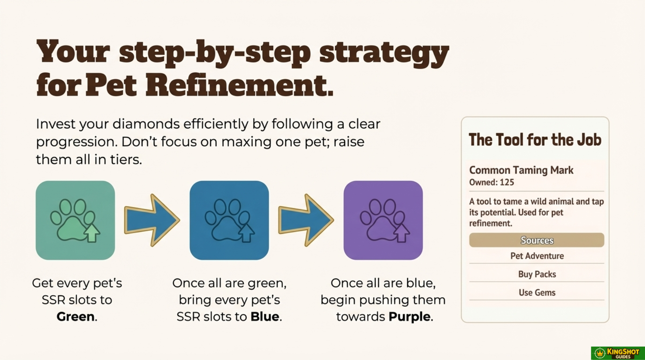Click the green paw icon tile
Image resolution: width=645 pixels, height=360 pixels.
click(75, 220)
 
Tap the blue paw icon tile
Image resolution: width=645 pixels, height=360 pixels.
click(229, 220)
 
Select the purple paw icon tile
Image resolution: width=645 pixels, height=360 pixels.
click(383, 220)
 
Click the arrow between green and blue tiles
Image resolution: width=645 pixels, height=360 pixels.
click(152, 220)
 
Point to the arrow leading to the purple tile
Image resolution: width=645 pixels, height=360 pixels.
click(306, 220)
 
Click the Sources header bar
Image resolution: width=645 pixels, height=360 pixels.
click(537, 240)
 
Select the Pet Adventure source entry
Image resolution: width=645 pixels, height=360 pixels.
click(537, 256)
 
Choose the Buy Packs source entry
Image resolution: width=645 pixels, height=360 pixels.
click(537, 274)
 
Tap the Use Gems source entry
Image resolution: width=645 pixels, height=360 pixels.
click(537, 292)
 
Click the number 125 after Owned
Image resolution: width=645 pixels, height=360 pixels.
click(507, 182)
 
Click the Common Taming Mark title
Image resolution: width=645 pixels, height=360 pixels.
click(521, 170)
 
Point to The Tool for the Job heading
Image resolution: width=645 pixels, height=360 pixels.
click(535, 140)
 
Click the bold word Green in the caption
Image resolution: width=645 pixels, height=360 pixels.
click(76, 316)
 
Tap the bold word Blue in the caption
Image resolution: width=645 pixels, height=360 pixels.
click(265, 316)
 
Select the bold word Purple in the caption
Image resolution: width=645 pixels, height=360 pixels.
click(410, 317)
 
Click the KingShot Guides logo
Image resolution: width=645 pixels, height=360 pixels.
click(618, 353)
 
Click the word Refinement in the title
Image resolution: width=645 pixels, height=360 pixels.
click(239, 85)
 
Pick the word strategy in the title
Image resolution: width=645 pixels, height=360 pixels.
click(384, 53)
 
